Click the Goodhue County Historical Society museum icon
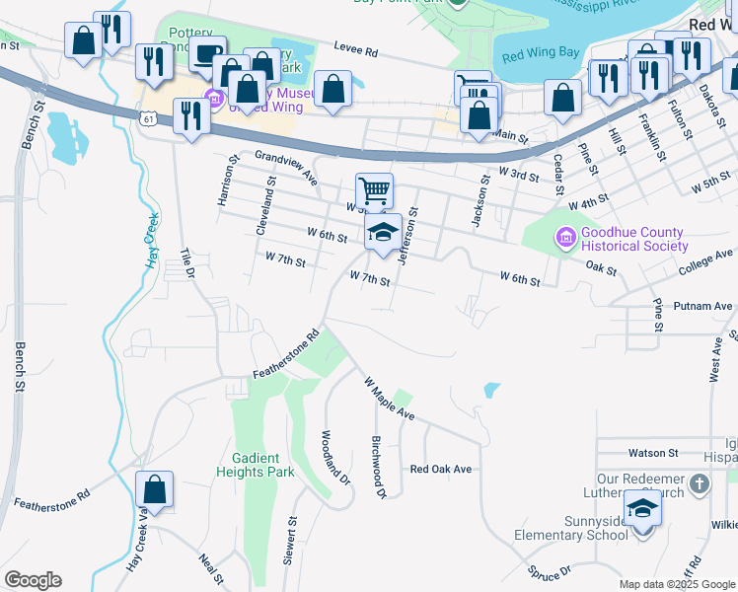tap(565, 238)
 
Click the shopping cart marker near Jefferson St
tap(374, 190)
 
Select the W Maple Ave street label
tap(388, 398)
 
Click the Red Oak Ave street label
tap(441, 470)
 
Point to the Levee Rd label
tap(356, 51)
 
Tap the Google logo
tap(33, 580)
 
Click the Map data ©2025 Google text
tap(677, 584)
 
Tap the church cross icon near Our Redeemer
tap(700, 483)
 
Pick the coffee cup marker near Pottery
tap(207, 54)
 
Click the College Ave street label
tap(705, 262)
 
